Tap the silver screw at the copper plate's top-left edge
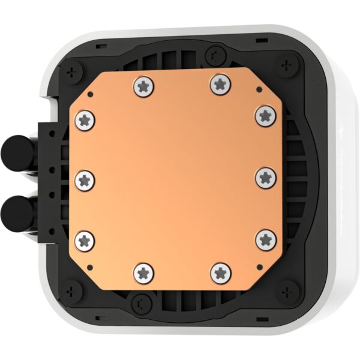click(142, 86)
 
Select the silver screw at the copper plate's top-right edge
click(220, 84)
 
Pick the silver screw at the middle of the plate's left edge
click(86, 179)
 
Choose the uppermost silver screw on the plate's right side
click(264, 115)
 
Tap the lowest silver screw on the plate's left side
click(85, 241)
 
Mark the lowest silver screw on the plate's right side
click(265, 239)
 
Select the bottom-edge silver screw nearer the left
click(144, 273)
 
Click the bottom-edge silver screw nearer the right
click(221, 272)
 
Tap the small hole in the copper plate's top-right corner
click(258, 89)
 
